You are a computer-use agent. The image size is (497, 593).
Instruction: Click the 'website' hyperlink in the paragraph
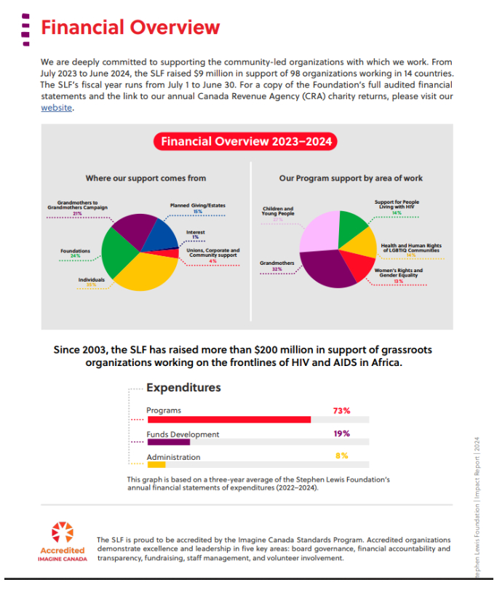click(x=56, y=108)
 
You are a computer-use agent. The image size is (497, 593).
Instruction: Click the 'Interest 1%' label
click(x=195, y=234)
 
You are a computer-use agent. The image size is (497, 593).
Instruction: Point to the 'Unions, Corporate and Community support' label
click(x=213, y=254)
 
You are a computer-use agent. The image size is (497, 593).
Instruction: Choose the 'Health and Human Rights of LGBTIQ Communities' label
click(x=411, y=250)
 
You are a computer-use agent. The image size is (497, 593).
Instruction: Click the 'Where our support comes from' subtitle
click(x=146, y=178)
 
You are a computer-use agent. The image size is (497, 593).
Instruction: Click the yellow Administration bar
click(x=156, y=464)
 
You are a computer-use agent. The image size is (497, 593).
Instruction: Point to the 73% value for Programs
click(x=341, y=410)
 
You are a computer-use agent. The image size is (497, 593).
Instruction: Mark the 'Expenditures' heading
click(x=183, y=387)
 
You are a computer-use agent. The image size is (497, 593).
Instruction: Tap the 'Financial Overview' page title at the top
click(x=130, y=28)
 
